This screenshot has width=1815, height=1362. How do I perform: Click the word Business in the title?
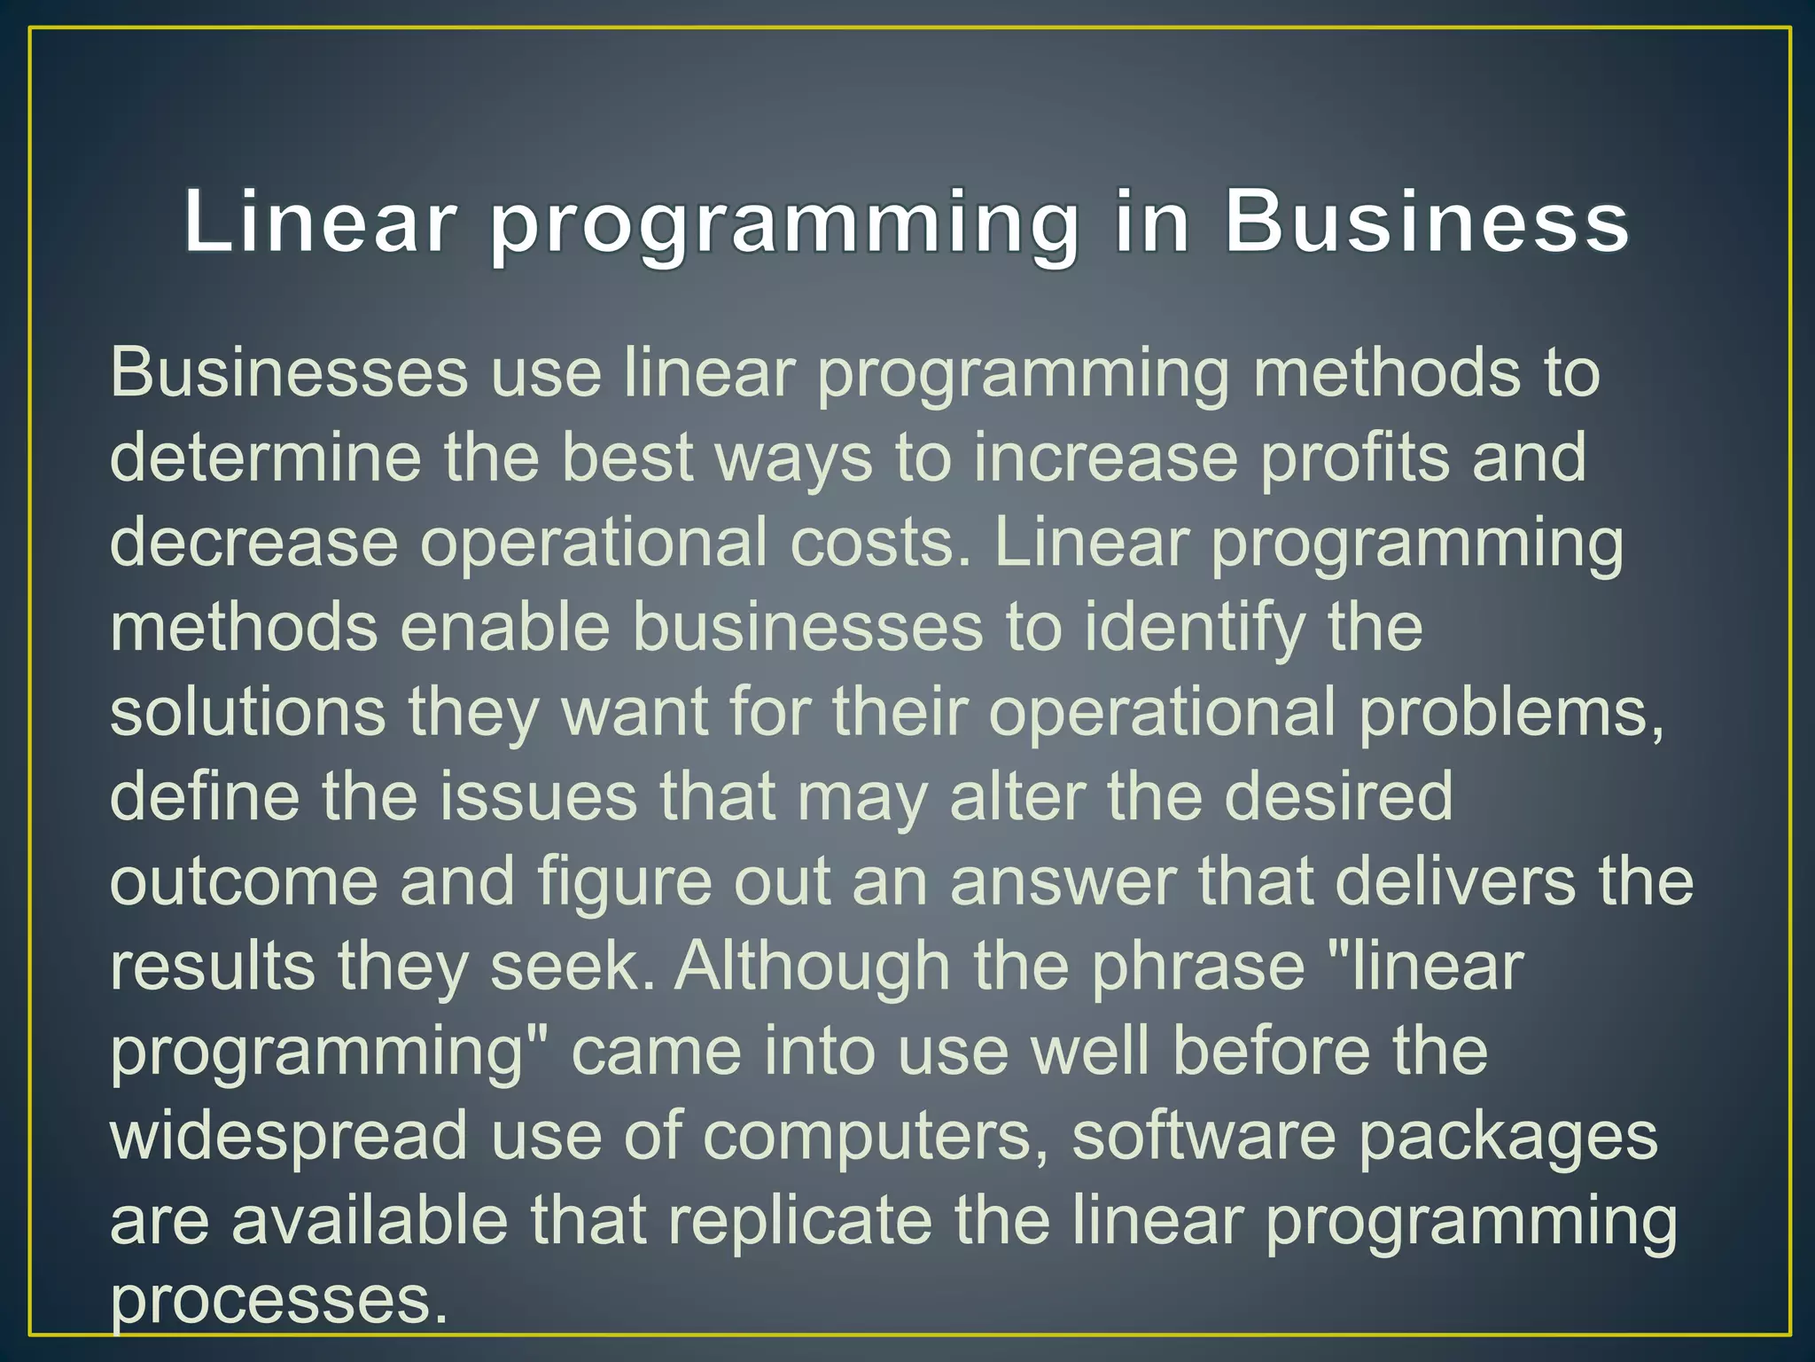tap(1426, 222)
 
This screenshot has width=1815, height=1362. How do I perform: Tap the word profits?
tap(1355, 458)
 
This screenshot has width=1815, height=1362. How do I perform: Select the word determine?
tap(265, 458)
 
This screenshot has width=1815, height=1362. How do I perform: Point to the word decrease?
tap(253, 543)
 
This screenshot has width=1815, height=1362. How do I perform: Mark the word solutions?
tap(248, 712)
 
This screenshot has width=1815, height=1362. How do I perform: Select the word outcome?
tap(244, 881)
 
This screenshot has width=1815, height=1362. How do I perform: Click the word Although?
tap(812, 966)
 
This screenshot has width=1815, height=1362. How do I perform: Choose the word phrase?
tap(1197, 966)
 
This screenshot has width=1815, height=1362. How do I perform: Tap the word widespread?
tap(289, 1136)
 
